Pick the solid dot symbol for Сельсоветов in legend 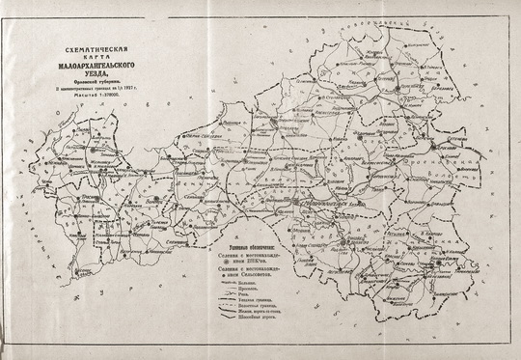[x=223, y=274]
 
